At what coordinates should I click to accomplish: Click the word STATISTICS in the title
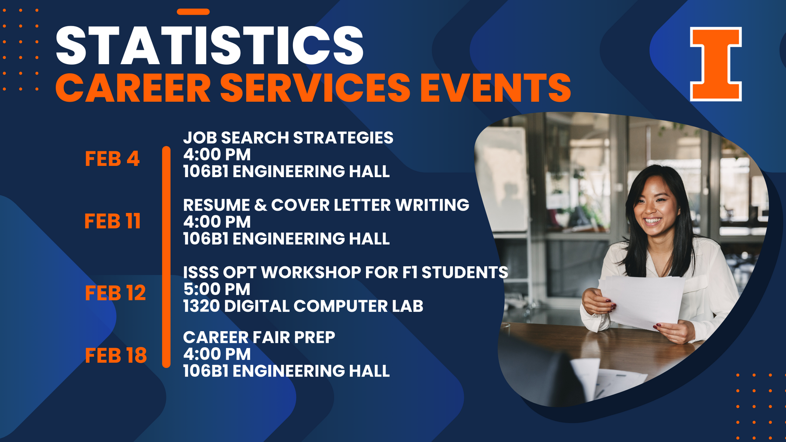coord(210,45)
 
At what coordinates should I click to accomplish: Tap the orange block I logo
coord(716,64)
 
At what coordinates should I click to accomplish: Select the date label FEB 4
coord(112,158)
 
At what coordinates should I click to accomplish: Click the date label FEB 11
coord(112,221)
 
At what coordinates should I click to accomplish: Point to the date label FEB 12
coord(115,293)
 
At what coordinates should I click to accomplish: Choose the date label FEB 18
coord(116,356)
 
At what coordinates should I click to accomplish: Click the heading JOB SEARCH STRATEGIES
coord(288,138)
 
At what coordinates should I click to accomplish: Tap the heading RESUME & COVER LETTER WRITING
coord(326,205)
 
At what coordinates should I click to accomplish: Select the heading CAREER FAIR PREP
coord(259,337)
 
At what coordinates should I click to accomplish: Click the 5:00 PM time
coord(217,289)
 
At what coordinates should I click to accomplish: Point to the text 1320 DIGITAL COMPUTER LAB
coord(303,306)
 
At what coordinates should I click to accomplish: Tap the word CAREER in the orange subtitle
coord(133,88)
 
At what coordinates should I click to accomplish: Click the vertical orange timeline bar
coord(166,257)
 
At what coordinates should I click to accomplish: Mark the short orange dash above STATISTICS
coord(193,12)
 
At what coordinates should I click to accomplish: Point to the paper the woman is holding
coord(641,302)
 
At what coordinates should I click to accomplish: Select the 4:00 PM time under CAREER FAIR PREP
coord(217,354)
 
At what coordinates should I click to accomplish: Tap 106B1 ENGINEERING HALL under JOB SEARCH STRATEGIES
coord(286,171)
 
